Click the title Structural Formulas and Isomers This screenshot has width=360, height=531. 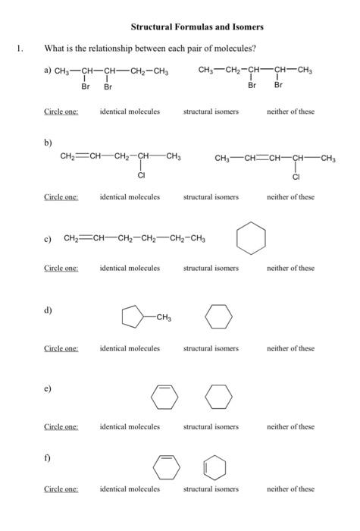pos(196,27)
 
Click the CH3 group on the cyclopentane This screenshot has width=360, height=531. pos(162,317)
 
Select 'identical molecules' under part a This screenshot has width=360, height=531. pos(130,112)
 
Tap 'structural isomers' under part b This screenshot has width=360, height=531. pos(211,196)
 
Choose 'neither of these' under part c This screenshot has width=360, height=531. pos(290,268)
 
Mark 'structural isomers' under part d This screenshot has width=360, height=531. pos(211,348)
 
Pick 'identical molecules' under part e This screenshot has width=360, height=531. pos(130,426)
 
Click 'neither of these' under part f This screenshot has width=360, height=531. pos(290,489)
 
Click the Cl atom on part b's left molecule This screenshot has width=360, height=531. pos(141,176)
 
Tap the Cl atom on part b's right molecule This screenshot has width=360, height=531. pos(296,177)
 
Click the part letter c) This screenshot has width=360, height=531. pos(48,240)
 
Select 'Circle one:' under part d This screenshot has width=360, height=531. pos(61,348)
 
